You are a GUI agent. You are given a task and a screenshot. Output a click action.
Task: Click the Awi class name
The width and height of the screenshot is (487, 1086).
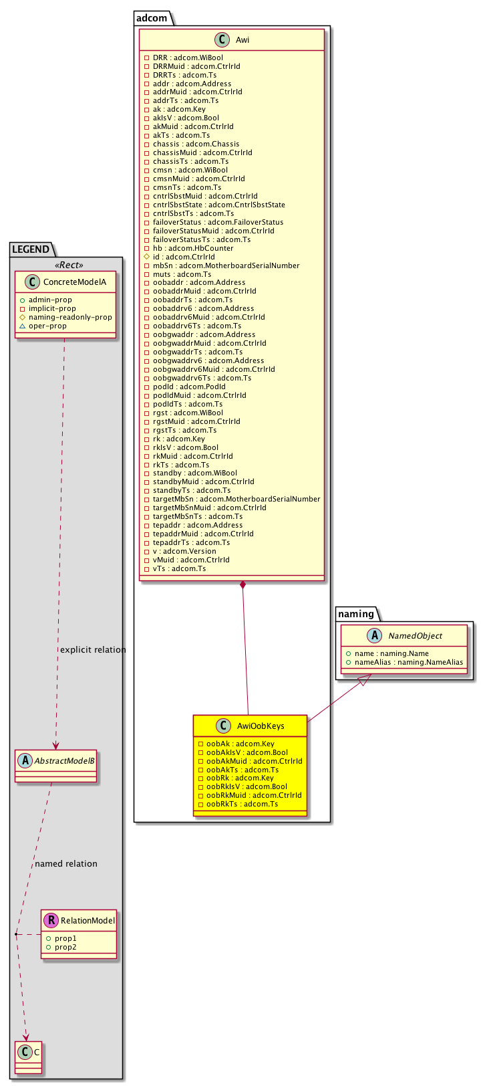[242, 40]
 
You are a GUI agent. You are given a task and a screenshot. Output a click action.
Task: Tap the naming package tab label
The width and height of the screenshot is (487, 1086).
[356, 613]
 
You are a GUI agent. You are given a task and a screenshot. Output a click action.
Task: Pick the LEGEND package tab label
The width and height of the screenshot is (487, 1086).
[31, 249]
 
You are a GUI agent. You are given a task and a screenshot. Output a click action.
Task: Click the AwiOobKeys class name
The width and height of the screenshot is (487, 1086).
[261, 726]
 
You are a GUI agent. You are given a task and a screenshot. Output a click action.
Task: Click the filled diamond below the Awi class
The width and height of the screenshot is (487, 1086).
[243, 586]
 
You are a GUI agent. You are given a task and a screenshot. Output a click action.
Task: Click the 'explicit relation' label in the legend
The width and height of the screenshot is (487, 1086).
[93, 649]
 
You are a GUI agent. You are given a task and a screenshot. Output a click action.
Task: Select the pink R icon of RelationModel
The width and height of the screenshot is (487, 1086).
[51, 921]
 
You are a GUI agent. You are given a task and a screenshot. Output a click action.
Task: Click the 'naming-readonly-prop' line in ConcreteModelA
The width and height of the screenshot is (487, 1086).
[70, 318]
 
